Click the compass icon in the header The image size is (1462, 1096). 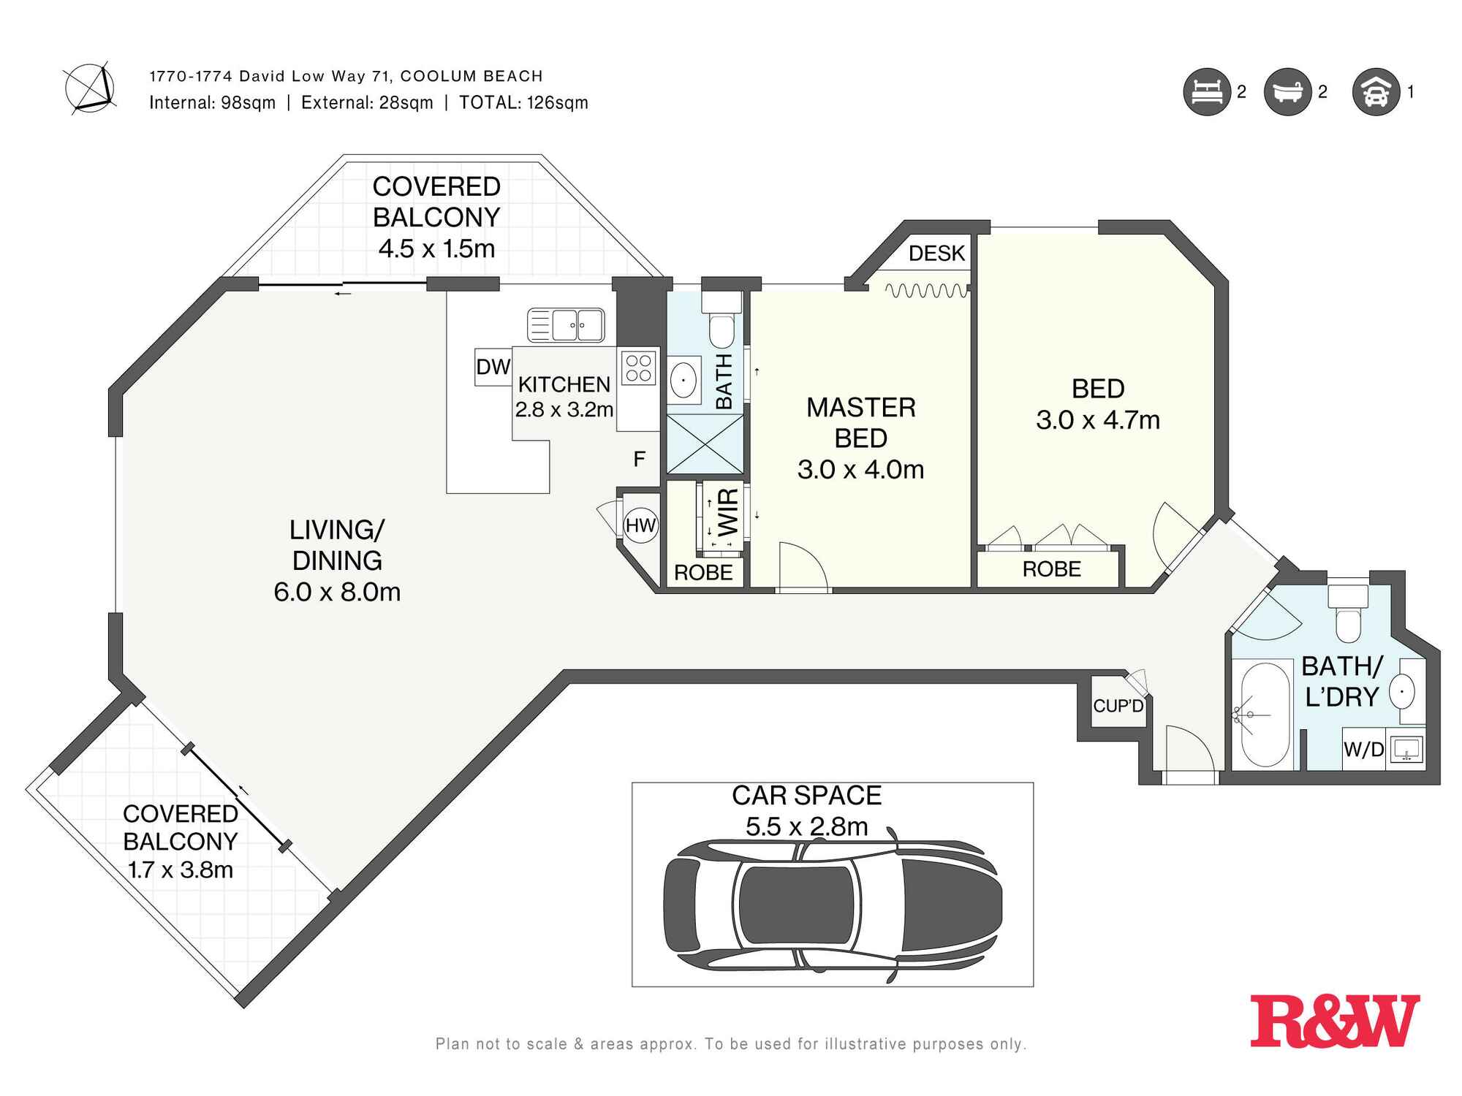pos(89,88)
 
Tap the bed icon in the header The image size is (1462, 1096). pos(1207,92)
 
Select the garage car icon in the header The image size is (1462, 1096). pos(1376,92)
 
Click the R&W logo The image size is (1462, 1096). pos(1335,1020)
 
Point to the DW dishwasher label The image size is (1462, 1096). pos(493,367)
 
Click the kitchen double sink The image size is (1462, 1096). pos(566,325)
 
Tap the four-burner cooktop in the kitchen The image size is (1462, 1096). pos(639,368)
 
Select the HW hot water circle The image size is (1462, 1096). pos(641,525)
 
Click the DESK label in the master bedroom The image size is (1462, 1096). pos(936,254)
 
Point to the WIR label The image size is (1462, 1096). pos(729,512)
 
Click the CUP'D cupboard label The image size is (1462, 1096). pos(1118,706)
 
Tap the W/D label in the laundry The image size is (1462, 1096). pos(1364,750)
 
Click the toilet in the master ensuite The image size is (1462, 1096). pos(722,321)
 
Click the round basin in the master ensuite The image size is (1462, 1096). pos(683,380)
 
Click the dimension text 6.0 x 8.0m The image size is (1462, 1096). pos(337,592)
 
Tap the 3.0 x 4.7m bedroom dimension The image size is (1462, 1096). pos(1098,420)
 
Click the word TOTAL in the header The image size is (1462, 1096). pos(490,103)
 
